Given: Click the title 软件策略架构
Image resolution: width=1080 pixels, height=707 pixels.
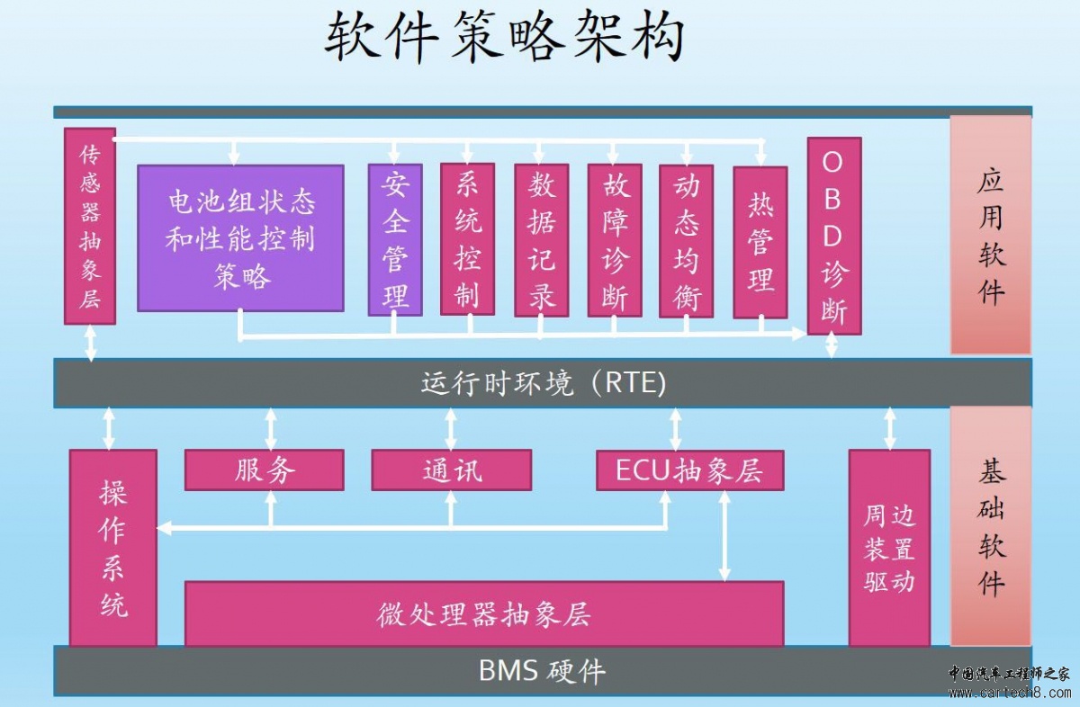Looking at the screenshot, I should coord(505,39).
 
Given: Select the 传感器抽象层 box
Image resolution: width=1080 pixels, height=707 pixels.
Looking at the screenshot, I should coord(90,226).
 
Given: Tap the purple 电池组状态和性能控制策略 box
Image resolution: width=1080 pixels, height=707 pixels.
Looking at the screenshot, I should coord(240,238).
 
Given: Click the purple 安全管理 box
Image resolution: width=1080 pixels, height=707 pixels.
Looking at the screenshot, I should coord(395,239).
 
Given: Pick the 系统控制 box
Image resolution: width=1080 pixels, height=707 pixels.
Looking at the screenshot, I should coord(467,239).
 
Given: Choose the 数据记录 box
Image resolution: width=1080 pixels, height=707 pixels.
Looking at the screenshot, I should coord(541,240).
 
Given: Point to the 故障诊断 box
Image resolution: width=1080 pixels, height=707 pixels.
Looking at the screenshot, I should coord(615,240).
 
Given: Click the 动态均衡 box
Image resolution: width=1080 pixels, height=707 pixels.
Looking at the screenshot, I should coord(686,240).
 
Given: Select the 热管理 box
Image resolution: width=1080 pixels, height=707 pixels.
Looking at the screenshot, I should coord(760,242).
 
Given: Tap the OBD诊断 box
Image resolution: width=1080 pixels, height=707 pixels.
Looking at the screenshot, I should coord(833,236).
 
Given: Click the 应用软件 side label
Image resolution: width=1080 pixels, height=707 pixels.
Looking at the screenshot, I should coord(991,235).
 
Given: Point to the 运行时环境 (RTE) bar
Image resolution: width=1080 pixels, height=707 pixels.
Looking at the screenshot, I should coord(543,383).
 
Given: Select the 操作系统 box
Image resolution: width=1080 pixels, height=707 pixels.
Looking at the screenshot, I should coord(113,548).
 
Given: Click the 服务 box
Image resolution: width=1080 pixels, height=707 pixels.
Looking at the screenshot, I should coord(265,470).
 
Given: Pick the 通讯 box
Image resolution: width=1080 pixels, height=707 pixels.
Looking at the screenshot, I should coord(451,470).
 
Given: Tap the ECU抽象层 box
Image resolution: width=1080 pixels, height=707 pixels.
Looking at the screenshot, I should coord(689,470).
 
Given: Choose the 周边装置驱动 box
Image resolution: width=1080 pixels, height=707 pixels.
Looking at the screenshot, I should coord(889,548).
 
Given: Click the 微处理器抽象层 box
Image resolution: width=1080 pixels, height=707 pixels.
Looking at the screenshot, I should coord(484,613).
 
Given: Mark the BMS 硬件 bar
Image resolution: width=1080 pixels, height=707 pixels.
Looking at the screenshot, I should coord(543,671).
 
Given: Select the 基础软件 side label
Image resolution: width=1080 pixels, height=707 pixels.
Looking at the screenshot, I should coord(991,526).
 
